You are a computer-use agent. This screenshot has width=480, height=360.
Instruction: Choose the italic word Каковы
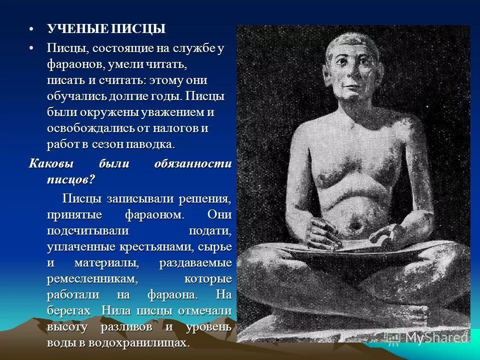[x=49, y=164]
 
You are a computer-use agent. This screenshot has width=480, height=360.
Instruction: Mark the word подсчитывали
[x=88, y=230]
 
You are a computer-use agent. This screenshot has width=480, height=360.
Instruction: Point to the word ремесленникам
[x=92, y=278]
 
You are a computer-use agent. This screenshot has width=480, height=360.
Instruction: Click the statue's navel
[x=356, y=227]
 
